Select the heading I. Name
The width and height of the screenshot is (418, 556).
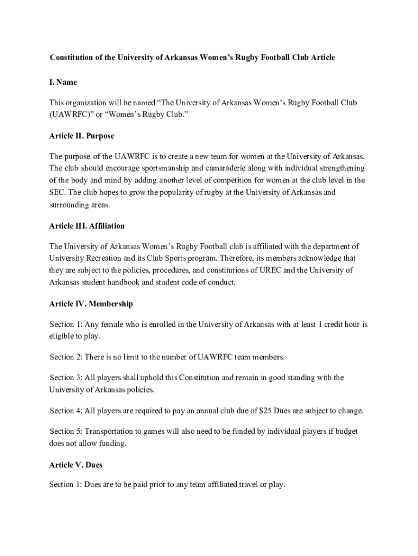(63, 82)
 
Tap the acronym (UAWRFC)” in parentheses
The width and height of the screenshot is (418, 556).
(72, 115)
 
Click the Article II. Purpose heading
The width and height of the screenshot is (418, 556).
(81, 136)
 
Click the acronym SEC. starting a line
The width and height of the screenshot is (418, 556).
(58, 192)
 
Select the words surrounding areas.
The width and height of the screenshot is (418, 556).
(79, 205)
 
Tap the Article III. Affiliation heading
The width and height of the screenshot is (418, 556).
(87, 226)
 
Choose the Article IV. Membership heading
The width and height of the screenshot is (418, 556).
(91, 304)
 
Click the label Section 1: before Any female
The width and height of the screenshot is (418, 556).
(66, 325)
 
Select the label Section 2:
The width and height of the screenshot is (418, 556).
(66, 357)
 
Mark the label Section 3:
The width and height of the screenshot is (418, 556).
(66, 377)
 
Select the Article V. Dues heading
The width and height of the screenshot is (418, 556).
(75, 465)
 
